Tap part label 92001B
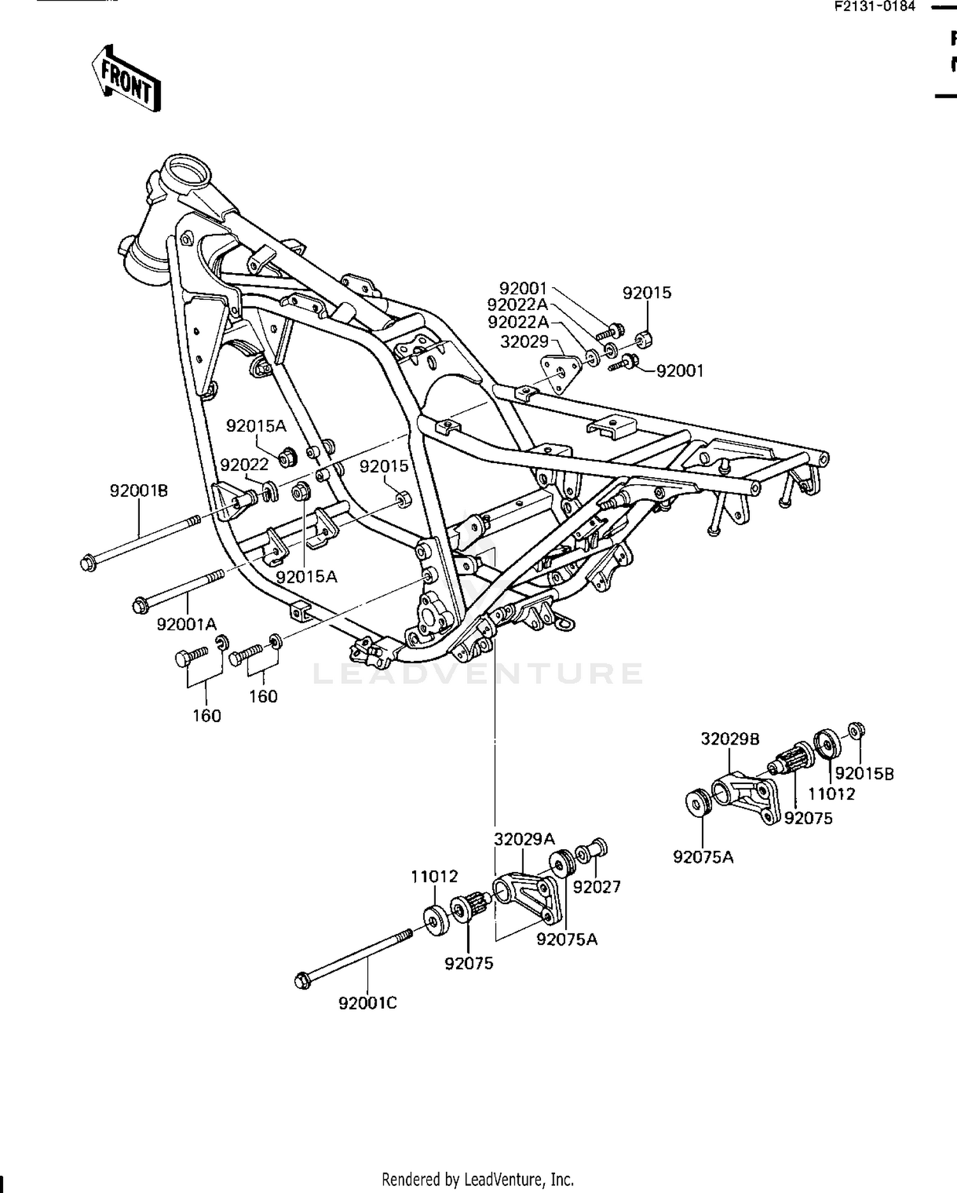pyautogui.click(x=138, y=491)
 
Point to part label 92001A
pyautogui.click(x=187, y=624)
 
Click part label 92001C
pyautogui.click(x=367, y=1004)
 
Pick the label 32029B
pyautogui.click(x=730, y=739)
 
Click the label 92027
pyautogui.click(x=597, y=887)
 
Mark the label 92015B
pyautogui.click(x=864, y=774)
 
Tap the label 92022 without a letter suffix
pyautogui.click(x=244, y=465)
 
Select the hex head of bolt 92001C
pyautogui.click(x=304, y=981)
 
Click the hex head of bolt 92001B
pyautogui.click(x=89, y=563)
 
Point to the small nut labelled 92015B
pyautogui.click(x=856, y=729)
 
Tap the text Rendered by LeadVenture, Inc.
pyautogui.click(x=477, y=1179)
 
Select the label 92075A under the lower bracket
pyautogui.click(x=567, y=940)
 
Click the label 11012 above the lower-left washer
pyautogui.click(x=434, y=877)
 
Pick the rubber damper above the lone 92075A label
pyautogui.click(x=697, y=802)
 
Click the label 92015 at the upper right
pyautogui.click(x=647, y=293)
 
